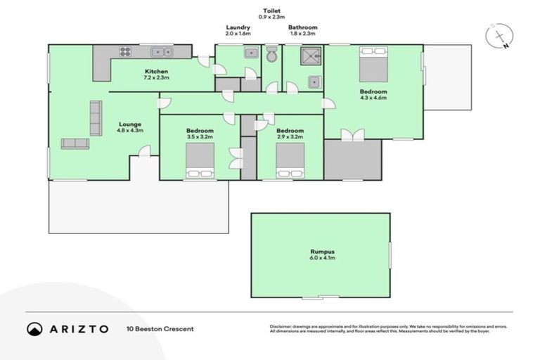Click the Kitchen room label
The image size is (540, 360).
[155, 71]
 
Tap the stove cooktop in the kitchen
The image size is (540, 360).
[125, 51]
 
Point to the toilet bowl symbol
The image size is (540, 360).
[271, 53]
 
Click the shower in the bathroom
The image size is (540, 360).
[309, 54]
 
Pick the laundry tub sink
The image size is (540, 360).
[250, 53]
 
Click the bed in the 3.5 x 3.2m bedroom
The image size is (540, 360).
[199, 161]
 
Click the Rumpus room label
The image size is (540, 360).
[321, 251]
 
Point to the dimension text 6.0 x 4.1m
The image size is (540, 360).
[321, 258]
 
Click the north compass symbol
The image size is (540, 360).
[499, 36]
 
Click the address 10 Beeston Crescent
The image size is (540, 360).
[160, 328]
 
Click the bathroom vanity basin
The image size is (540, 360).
[314, 82]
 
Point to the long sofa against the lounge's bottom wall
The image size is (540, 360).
[75, 143]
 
